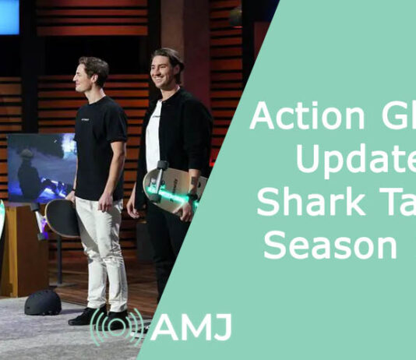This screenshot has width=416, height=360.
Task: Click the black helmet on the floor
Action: coord(42,302)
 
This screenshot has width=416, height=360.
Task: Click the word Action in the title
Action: coord(301,117)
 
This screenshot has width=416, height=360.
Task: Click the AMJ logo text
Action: coord(191,326)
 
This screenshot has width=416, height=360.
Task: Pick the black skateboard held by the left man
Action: coord(62,217)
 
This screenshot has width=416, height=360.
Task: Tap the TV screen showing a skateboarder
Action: coord(41,168)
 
